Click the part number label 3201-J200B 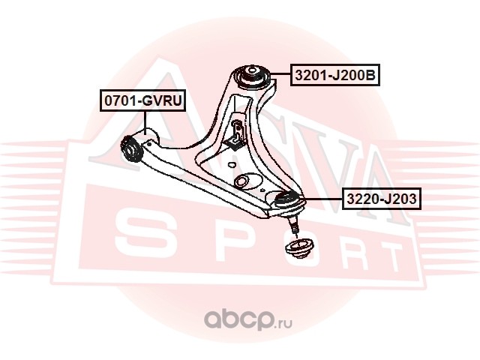coord(335,75)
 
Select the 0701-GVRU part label coord(143,100)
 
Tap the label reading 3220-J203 coord(382,199)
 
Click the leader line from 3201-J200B coord(280,73)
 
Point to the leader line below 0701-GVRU coord(145,121)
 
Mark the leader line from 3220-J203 coord(323,199)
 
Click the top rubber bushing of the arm coord(252,77)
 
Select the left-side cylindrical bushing coord(131,149)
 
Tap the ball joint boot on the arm coord(287,199)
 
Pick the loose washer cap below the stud coord(298,248)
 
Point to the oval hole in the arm coord(244,181)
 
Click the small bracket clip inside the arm coord(235,135)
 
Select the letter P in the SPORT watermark coord(226,240)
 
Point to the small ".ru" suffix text coord(283,323)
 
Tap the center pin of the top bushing coord(251,70)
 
